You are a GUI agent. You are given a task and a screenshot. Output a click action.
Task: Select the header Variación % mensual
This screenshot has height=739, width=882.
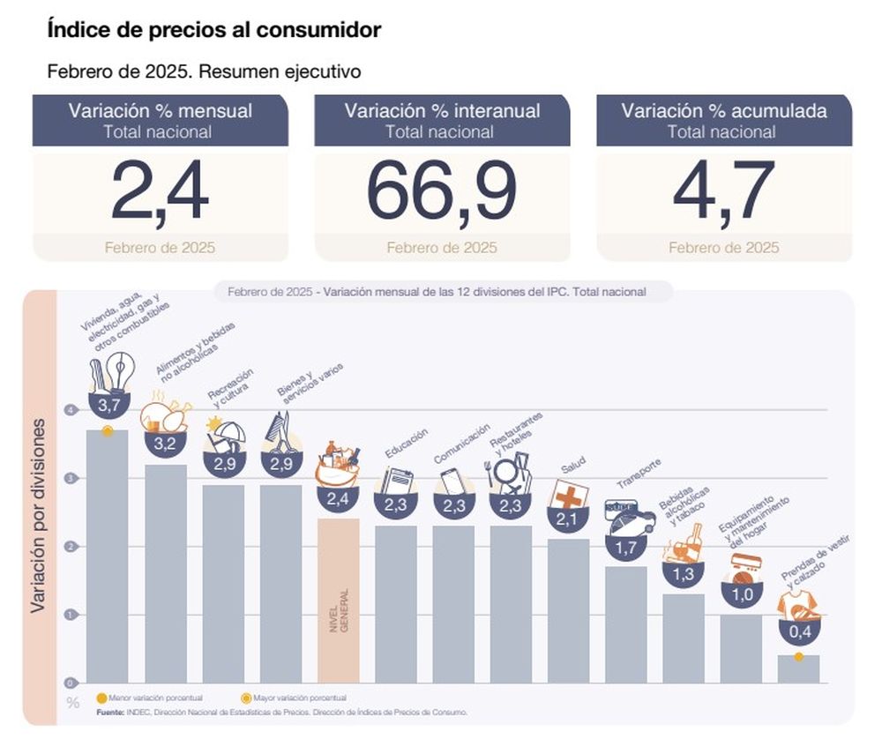(x=161, y=112)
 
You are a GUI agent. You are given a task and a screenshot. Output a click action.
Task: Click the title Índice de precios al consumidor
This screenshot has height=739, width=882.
(x=213, y=30)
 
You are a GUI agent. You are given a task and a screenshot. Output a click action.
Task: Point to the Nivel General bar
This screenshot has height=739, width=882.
(x=338, y=600)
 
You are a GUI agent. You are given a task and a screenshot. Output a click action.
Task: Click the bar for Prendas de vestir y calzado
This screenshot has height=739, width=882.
(x=798, y=668)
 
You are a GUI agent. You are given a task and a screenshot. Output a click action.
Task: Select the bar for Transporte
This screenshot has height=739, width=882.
(x=625, y=623)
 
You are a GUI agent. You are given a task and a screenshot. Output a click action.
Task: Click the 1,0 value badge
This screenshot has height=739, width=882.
(x=741, y=593)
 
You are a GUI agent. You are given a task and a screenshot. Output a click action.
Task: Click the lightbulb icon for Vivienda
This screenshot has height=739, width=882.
(x=119, y=370)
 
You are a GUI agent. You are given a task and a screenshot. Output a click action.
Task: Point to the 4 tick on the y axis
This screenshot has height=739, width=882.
(x=69, y=410)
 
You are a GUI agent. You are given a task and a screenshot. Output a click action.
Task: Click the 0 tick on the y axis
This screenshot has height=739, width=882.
(x=69, y=683)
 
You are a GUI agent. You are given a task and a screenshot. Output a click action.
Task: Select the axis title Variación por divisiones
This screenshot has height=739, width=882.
(x=40, y=516)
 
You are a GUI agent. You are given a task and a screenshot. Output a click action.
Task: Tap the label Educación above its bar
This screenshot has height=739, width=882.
(x=407, y=444)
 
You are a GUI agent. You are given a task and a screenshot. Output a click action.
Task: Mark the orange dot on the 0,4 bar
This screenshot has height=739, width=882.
(x=798, y=657)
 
